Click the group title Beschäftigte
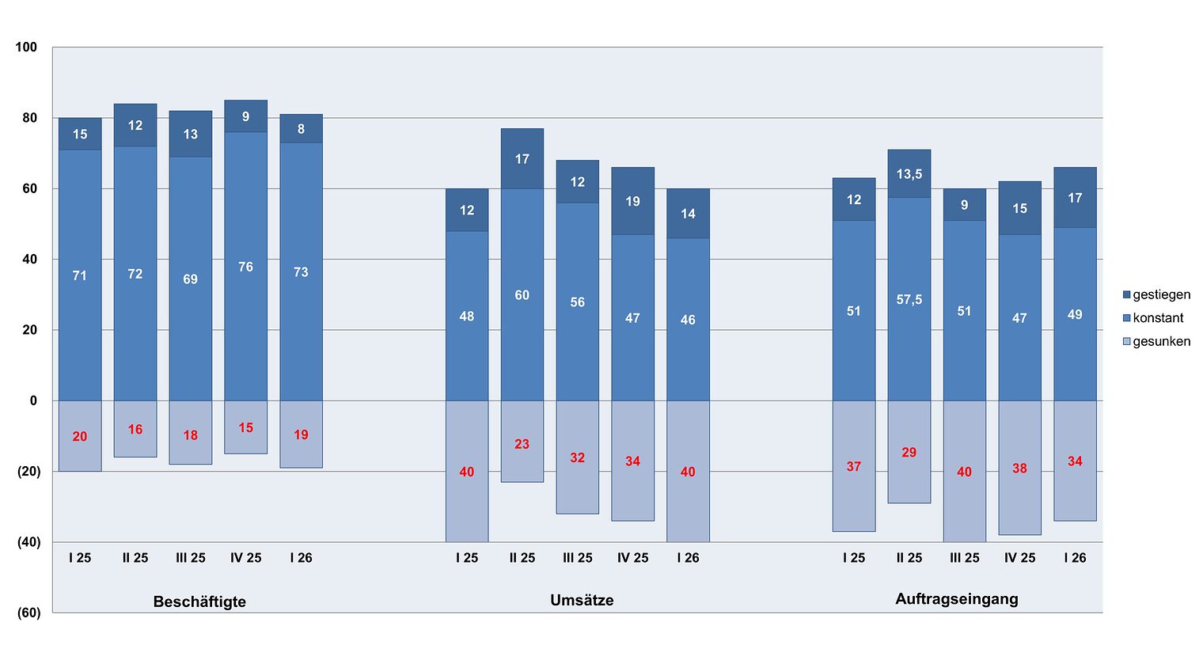pos(199,601)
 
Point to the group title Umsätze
pos(582,600)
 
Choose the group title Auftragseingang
pos(956,599)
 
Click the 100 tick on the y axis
pos(26,47)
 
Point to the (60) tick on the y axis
pos(28,613)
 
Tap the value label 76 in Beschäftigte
pos(246,267)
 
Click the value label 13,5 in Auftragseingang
pos(909,174)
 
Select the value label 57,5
pos(909,299)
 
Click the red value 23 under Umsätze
pos(522,444)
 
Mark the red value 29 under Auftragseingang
pos(909,453)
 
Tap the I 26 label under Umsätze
pos(688,558)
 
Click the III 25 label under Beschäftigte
pos(191,558)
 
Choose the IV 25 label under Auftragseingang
pos(1019,558)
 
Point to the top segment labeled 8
pos(301,129)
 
